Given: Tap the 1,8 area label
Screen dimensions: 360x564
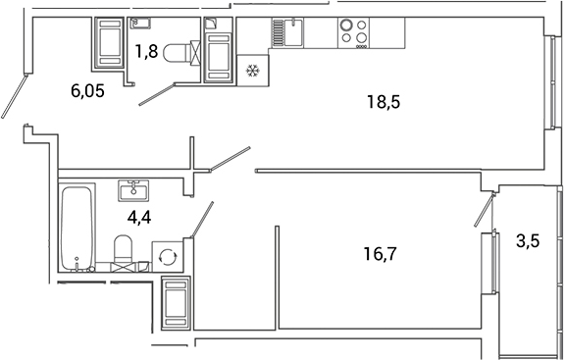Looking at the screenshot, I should pos(145,52).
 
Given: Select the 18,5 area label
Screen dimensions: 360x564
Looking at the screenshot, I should pos(384,100).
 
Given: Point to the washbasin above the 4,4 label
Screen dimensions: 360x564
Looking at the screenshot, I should pos(131,189).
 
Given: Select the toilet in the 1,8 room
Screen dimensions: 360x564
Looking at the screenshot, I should pos(179,51).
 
